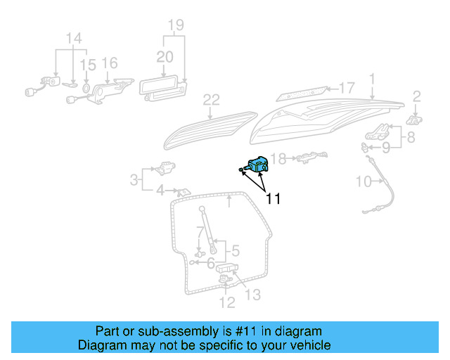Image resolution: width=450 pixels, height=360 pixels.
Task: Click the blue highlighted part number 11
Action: (258, 166)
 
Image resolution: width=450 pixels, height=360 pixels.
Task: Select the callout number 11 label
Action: (273, 199)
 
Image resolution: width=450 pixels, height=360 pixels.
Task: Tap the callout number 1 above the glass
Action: (372, 78)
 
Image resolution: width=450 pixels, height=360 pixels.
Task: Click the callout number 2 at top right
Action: (416, 96)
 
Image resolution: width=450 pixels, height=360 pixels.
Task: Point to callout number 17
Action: (347, 88)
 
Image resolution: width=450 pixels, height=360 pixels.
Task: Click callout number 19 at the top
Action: (176, 27)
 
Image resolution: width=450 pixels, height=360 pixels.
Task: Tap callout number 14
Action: (73, 37)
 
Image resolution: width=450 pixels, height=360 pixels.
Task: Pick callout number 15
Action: (86, 65)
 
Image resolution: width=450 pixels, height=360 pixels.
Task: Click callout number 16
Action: (110, 63)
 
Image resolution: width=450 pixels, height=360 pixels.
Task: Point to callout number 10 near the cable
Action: (364, 181)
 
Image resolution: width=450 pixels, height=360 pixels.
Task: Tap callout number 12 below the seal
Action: (226, 303)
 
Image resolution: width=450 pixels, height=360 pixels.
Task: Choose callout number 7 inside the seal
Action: (200, 231)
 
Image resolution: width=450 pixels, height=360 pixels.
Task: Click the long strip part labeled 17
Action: (302, 92)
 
